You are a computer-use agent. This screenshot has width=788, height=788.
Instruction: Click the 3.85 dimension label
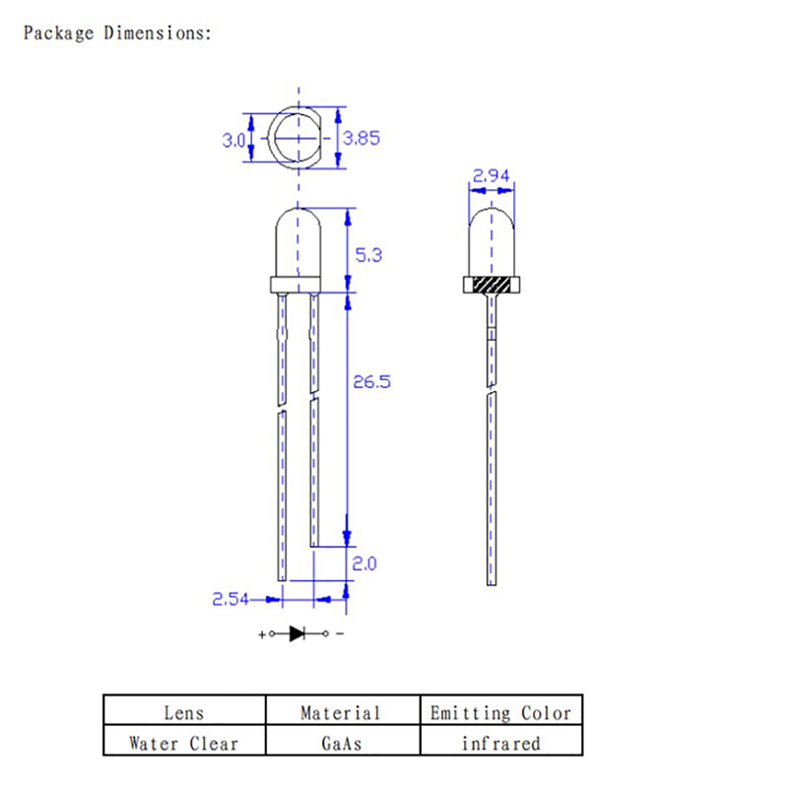point(361,138)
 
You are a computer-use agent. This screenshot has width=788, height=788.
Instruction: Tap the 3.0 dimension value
point(233,140)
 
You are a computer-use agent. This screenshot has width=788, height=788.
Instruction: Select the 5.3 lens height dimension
point(368,255)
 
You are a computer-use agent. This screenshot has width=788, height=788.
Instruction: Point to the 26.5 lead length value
point(372,382)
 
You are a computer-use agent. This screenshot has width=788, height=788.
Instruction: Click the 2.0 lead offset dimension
point(364,563)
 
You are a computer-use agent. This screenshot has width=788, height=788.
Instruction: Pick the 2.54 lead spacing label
point(230,599)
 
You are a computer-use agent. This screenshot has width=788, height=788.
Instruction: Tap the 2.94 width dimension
point(491,176)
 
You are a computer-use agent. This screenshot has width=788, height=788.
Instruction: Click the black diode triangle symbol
point(297,633)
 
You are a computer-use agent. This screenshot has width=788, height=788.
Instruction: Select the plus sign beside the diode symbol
point(262,634)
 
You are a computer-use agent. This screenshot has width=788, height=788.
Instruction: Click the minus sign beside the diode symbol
point(340,634)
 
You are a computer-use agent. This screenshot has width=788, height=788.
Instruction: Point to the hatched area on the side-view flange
point(492,285)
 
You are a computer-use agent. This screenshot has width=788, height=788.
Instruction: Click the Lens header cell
point(184,709)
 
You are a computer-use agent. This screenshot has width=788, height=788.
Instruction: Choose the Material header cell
point(343,709)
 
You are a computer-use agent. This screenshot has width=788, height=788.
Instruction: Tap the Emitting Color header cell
point(501,709)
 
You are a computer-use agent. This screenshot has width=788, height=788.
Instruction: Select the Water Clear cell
point(184,740)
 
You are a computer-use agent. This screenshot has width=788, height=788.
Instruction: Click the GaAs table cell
point(343,740)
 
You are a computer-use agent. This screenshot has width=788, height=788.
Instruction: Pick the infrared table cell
point(501,740)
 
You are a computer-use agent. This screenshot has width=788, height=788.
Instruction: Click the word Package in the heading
point(59,33)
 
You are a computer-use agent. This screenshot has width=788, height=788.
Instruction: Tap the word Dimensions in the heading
point(158,33)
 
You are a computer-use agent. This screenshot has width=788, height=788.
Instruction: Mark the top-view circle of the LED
point(275,137)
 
